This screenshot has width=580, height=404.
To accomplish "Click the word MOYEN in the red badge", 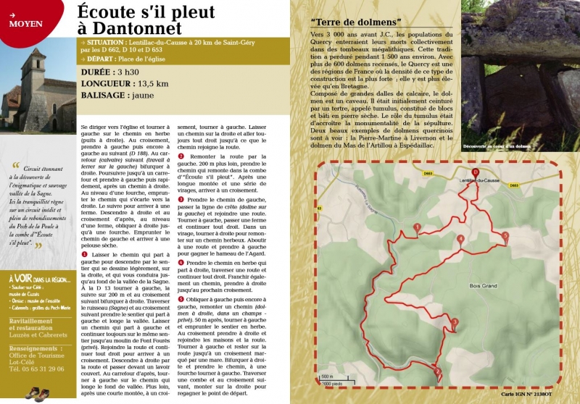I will coord(26,23).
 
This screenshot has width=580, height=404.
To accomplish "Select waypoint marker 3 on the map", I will coord(455,321).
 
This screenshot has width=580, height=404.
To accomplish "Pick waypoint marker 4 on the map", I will coord(460,238).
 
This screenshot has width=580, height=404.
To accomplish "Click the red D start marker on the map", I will coord(476,172).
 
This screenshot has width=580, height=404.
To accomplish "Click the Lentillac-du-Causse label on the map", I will coord(484,179).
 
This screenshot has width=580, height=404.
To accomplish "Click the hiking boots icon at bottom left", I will coord(36,394).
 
